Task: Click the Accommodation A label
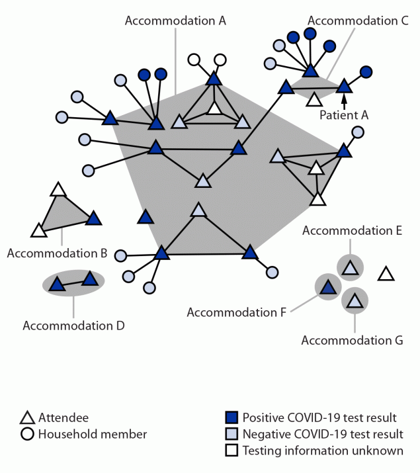click(175, 21)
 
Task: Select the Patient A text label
click(343, 114)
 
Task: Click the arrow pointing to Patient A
click(344, 100)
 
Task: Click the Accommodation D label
click(73, 325)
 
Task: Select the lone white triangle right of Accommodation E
click(386, 273)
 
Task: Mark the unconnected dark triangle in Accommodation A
click(146, 217)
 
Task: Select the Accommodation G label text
click(351, 341)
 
